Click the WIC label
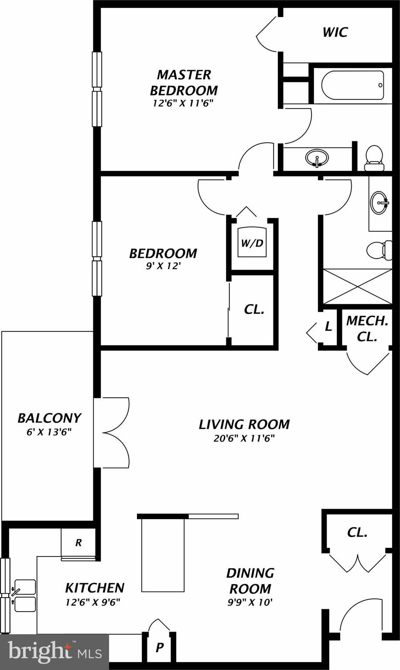coord(335,32)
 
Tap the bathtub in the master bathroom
coord(352,85)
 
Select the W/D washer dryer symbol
coord(252,243)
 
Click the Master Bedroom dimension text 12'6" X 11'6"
coord(183,103)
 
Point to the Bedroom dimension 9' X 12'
coord(163,266)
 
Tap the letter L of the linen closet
coord(328,326)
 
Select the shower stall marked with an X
coord(357,286)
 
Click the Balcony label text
coord(49,418)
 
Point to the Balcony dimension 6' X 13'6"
coord(49,432)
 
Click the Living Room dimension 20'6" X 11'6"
coord(244,438)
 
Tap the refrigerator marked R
coord(79,543)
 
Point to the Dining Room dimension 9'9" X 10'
coord(250,602)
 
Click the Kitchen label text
coord(95,588)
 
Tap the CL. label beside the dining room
coord(357,532)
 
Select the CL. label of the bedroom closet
coord(254,309)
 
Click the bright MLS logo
coord(54,652)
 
